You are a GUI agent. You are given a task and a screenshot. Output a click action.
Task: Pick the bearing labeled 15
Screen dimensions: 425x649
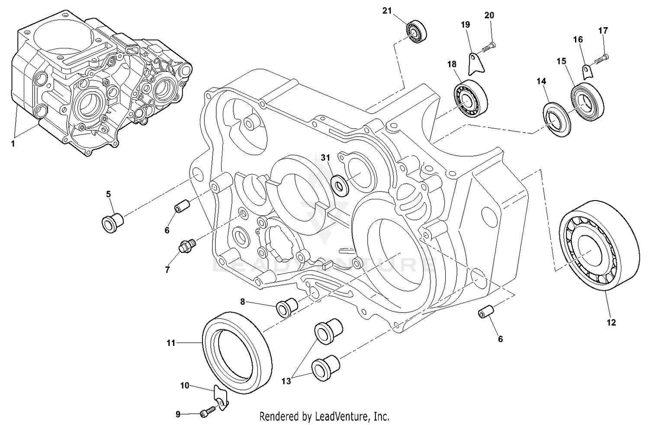(x=587, y=103)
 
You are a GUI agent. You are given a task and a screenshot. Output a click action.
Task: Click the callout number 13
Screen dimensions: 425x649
(x=286, y=381)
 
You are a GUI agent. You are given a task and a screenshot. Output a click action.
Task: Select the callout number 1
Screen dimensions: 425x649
(x=13, y=144)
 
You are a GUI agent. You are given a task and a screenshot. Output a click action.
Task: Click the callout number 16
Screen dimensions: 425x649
(x=578, y=39)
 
